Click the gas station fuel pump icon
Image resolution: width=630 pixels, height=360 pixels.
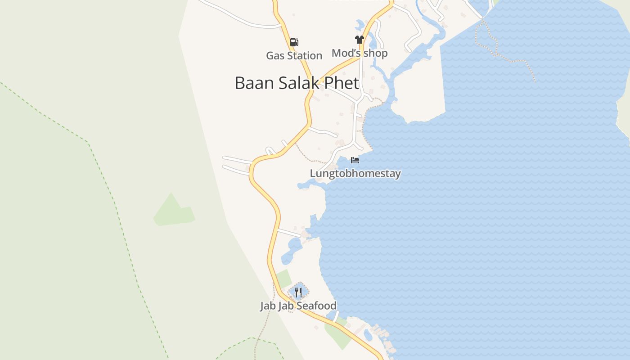click(294, 42)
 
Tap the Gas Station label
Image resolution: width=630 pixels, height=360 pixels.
click(294, 56)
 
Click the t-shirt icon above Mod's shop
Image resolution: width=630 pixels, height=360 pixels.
click(359, 40)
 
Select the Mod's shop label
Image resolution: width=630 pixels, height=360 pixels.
click(359, 53)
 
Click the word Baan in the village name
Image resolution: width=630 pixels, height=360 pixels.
click(252, 83)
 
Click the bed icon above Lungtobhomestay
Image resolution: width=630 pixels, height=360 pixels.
click(355, 160)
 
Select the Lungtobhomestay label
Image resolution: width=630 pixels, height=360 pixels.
click(355, 173)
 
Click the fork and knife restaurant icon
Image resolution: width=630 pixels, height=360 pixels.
click(298, 292)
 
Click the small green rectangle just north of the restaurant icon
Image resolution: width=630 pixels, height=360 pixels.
click(284, 278)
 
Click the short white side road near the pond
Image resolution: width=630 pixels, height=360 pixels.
click(289, 233)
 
